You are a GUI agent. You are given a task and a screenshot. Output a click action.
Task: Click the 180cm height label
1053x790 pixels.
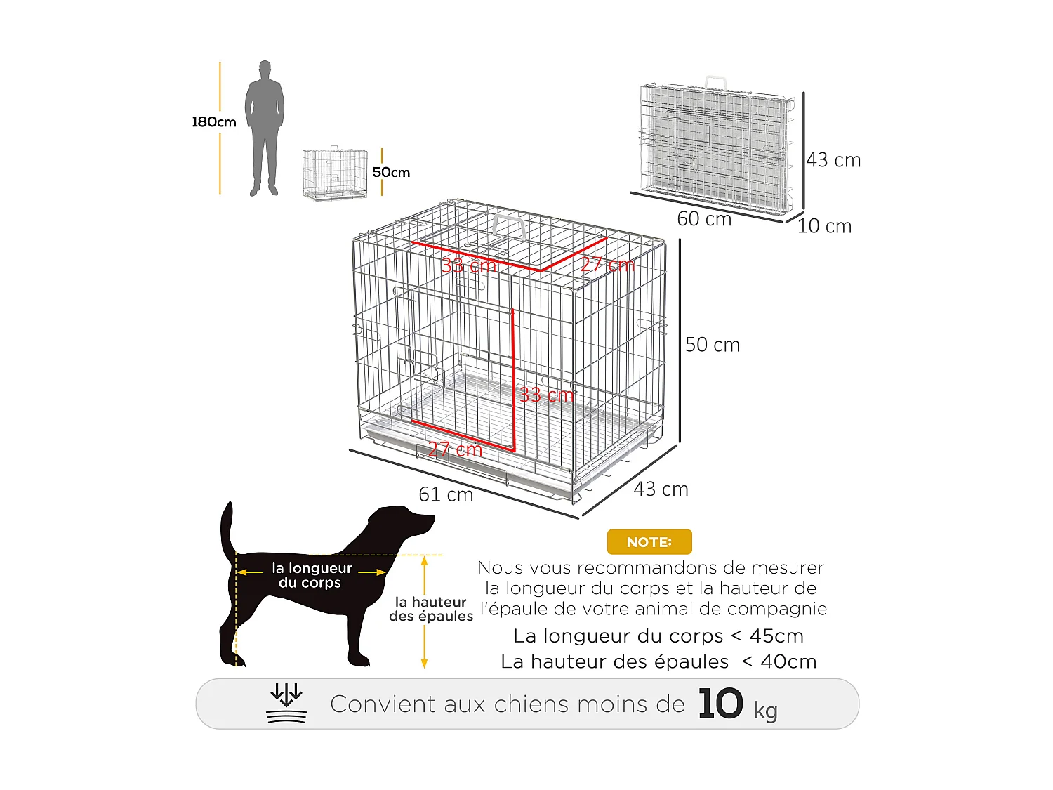(x=214, y=121)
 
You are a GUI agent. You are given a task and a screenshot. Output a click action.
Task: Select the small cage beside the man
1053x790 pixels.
(x=335, y=173)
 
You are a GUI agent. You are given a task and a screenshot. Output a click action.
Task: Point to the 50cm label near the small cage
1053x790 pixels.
(x=391, y=172)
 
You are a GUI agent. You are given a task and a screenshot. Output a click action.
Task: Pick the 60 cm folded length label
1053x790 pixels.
(x=704, y=219)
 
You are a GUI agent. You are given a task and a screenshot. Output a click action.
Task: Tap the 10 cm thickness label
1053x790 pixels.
(x=824, y=226)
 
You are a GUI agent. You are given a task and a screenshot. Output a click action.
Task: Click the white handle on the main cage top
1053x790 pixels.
(x=510, y=227)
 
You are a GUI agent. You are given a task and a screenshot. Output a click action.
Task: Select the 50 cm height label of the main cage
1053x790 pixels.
(x=713, y=345)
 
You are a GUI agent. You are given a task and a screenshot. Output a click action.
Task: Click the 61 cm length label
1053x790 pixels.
(x=446, y=494)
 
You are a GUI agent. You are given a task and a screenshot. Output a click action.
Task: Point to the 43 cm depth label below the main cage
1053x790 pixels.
(x=661, y=489)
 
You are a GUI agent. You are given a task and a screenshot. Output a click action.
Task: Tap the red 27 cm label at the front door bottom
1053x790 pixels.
(x=455, y=449)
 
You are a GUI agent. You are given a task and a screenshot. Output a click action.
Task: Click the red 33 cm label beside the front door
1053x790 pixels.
(x=546, y=395)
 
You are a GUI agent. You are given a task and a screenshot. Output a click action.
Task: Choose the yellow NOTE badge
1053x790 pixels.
(x=649, y=542)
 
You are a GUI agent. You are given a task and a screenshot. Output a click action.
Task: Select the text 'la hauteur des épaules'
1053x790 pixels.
(x=431, y=609)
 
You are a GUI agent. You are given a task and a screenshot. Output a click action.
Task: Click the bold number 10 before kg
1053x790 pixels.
(x=720, y=704)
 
